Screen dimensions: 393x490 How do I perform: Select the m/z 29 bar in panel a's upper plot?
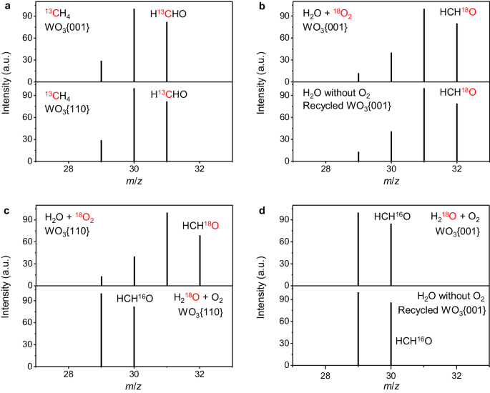(102, 71)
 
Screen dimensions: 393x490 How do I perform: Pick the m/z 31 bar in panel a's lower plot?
(167, 131)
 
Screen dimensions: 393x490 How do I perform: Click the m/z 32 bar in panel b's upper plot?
(457, 52)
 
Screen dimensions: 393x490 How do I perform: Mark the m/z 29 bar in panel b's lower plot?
(358, 156)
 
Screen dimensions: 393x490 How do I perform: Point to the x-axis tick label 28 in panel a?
(69, 169)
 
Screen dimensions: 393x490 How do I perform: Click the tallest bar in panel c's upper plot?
(167, 249)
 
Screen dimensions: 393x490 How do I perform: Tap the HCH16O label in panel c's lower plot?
(135, 299)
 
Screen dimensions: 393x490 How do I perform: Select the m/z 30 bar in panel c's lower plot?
(134, 337)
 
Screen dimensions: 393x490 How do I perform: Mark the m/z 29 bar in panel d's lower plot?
(358, 329)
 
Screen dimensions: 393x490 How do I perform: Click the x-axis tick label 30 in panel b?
(391, 169)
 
